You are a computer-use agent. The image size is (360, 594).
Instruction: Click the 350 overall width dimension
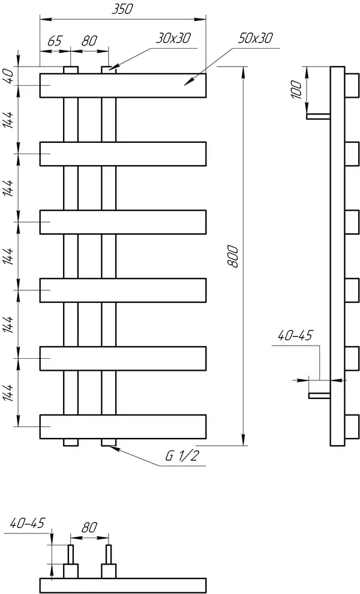pos(122,9)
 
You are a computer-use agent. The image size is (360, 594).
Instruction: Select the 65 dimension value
pos(55,41)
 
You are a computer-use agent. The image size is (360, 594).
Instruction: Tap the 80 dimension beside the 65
pos(89,40)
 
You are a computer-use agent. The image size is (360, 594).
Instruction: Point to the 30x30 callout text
pos(173,38)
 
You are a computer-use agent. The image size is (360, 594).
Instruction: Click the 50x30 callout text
pos(256,38)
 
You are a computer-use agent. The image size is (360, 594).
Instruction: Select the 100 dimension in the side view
pos(297,90)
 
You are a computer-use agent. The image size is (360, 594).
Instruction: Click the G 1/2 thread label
pos(182,456)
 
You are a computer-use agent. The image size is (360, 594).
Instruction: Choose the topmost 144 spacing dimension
pos(10,120)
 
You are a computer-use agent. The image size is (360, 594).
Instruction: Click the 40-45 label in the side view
pos(295,335)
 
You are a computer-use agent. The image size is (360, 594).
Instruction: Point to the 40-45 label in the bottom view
pos(27,523)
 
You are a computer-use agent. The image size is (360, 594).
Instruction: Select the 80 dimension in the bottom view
pos(89,527)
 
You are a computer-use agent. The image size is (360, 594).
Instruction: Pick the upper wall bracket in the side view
pos(319,116)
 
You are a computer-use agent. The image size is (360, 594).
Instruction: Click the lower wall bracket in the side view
pos(319,396)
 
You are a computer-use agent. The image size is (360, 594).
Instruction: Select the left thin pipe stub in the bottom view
pos(70,554)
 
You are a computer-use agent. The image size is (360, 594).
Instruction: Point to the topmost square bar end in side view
pos(352,86)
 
